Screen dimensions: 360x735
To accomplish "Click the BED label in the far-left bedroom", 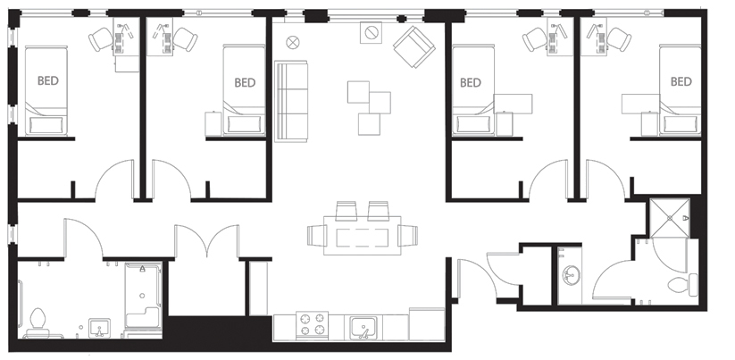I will [x=50, y=80].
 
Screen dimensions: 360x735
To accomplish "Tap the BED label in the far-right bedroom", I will [x=681, y=81].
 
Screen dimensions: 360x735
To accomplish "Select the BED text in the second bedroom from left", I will [x=245, y=82].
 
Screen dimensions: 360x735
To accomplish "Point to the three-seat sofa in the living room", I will [x=290, y=100].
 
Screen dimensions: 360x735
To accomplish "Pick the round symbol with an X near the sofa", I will [x=294, y=40].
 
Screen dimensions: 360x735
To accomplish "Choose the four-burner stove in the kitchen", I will [x=313, y=325].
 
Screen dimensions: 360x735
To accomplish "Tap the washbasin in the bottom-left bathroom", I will [x=100, y=328].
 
